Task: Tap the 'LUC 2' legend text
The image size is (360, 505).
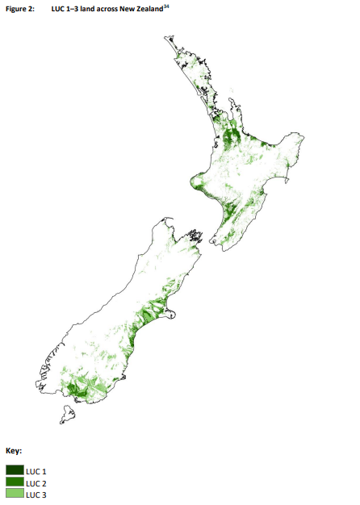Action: point(37,482)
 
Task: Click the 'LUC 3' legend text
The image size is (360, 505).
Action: point(37,494)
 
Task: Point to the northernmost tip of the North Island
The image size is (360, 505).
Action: point(167,38)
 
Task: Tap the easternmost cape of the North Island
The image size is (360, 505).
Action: point(303,139)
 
